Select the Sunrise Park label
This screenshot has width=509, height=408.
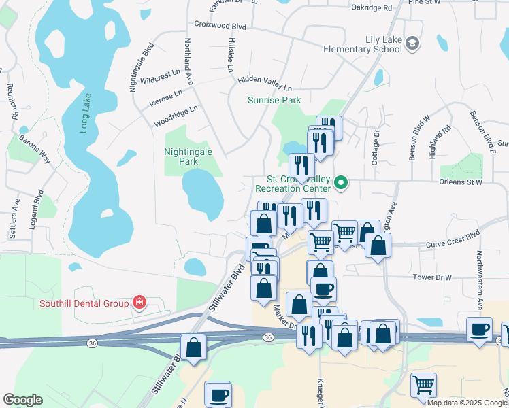pyautogui.click(x=274, y=100)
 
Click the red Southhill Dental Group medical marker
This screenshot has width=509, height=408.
pyautogui.click(x=139, y=302)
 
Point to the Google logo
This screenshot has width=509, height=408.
pyautogui.click(x=23, y=400)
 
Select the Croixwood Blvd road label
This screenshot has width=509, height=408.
pyautogui.click(x=220, y=27)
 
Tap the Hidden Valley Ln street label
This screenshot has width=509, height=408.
pyautogui.click(x=265, y=83)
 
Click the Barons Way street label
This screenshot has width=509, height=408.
pyautogui.click(x=35, y=148)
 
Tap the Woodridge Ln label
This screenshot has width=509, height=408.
pyautogui.click(x=176, y=115)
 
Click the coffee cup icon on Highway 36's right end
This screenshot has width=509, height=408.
pyautogui.click(x=479, y=330)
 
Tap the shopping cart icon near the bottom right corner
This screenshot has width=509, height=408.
pyautogui.click(x=423, y=384)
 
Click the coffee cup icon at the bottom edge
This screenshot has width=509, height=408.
pyautogui.click(x=218, y=394)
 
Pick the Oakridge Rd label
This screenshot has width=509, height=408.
pyautogui.click(x=372, y=8)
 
